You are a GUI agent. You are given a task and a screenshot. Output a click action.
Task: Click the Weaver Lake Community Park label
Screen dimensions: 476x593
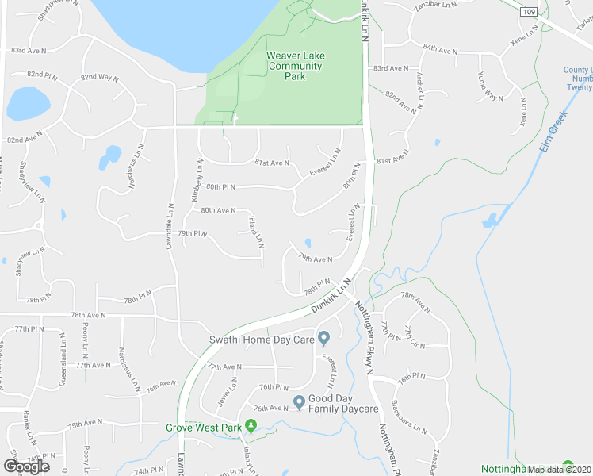[294, 66]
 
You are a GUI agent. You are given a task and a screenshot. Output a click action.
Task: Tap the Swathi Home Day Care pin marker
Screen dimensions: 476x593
[324, 340]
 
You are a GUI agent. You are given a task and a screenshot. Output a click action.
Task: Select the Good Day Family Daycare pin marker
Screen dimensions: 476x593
[299, 402]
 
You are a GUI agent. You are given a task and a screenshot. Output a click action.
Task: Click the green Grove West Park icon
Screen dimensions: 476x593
[251, 427]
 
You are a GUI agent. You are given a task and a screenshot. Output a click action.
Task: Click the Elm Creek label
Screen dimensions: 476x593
[558, 129]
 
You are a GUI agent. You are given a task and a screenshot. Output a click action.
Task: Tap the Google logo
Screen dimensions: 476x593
[27, 466]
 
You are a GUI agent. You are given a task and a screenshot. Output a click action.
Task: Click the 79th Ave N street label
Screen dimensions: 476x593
[315, 258]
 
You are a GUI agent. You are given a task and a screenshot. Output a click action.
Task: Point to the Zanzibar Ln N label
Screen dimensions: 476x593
[436, 6]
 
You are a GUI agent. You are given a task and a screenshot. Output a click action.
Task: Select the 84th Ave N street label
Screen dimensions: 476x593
[440, 49]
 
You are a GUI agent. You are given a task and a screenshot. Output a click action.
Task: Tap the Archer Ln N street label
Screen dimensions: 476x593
[419, 90]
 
